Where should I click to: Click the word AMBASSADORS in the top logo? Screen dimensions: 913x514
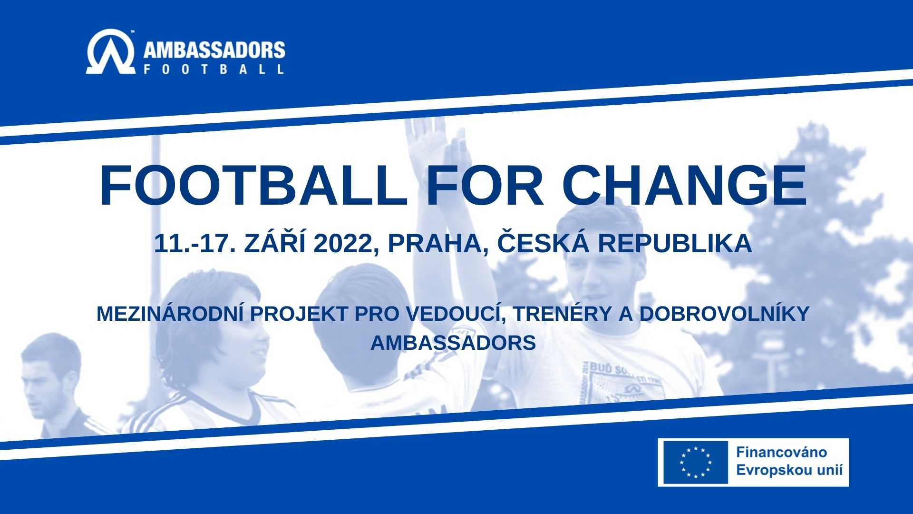pos(214,50)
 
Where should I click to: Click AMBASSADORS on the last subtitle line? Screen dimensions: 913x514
pos(453,343)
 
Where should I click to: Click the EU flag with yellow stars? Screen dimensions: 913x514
pos(696,462)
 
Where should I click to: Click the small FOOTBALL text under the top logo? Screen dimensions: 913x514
pos(214,69)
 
